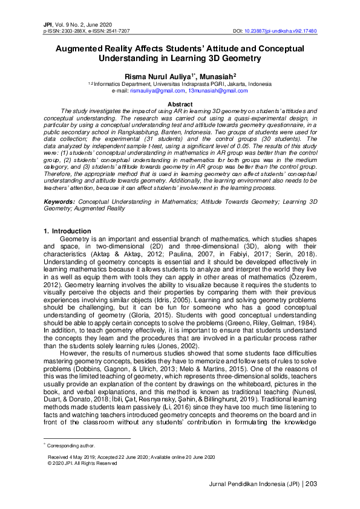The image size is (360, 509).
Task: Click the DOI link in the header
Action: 281,30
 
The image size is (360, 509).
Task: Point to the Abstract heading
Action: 180,105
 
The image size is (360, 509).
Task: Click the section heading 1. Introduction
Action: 68,231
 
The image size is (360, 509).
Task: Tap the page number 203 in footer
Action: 312,483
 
